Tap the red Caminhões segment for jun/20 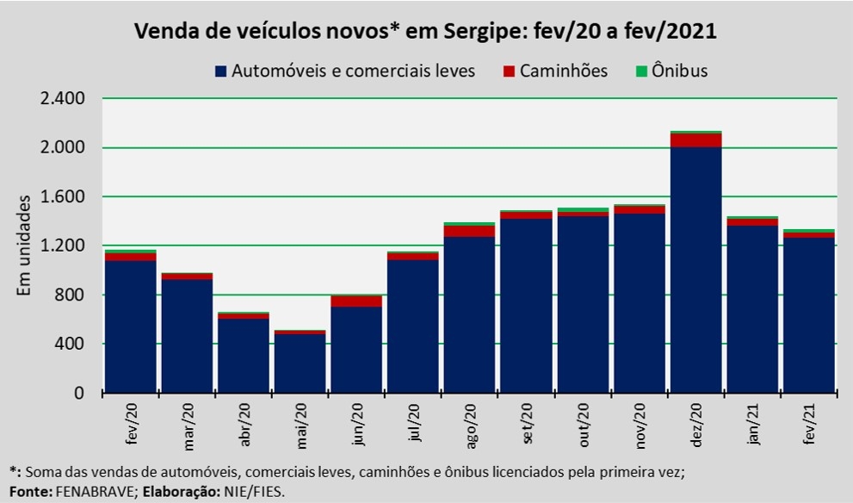click(355, 301)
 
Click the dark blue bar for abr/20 click(243, 356)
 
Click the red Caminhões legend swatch click(508, 71)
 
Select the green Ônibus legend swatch click(641, 71)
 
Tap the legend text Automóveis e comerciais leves click(353, 71)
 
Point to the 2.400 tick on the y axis click(62, 98)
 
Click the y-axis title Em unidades click(24, 245)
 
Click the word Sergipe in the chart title click(479, 32)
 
